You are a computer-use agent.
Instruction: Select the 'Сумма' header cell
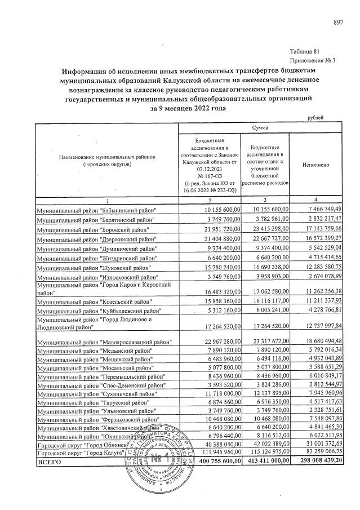pos(260,128)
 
